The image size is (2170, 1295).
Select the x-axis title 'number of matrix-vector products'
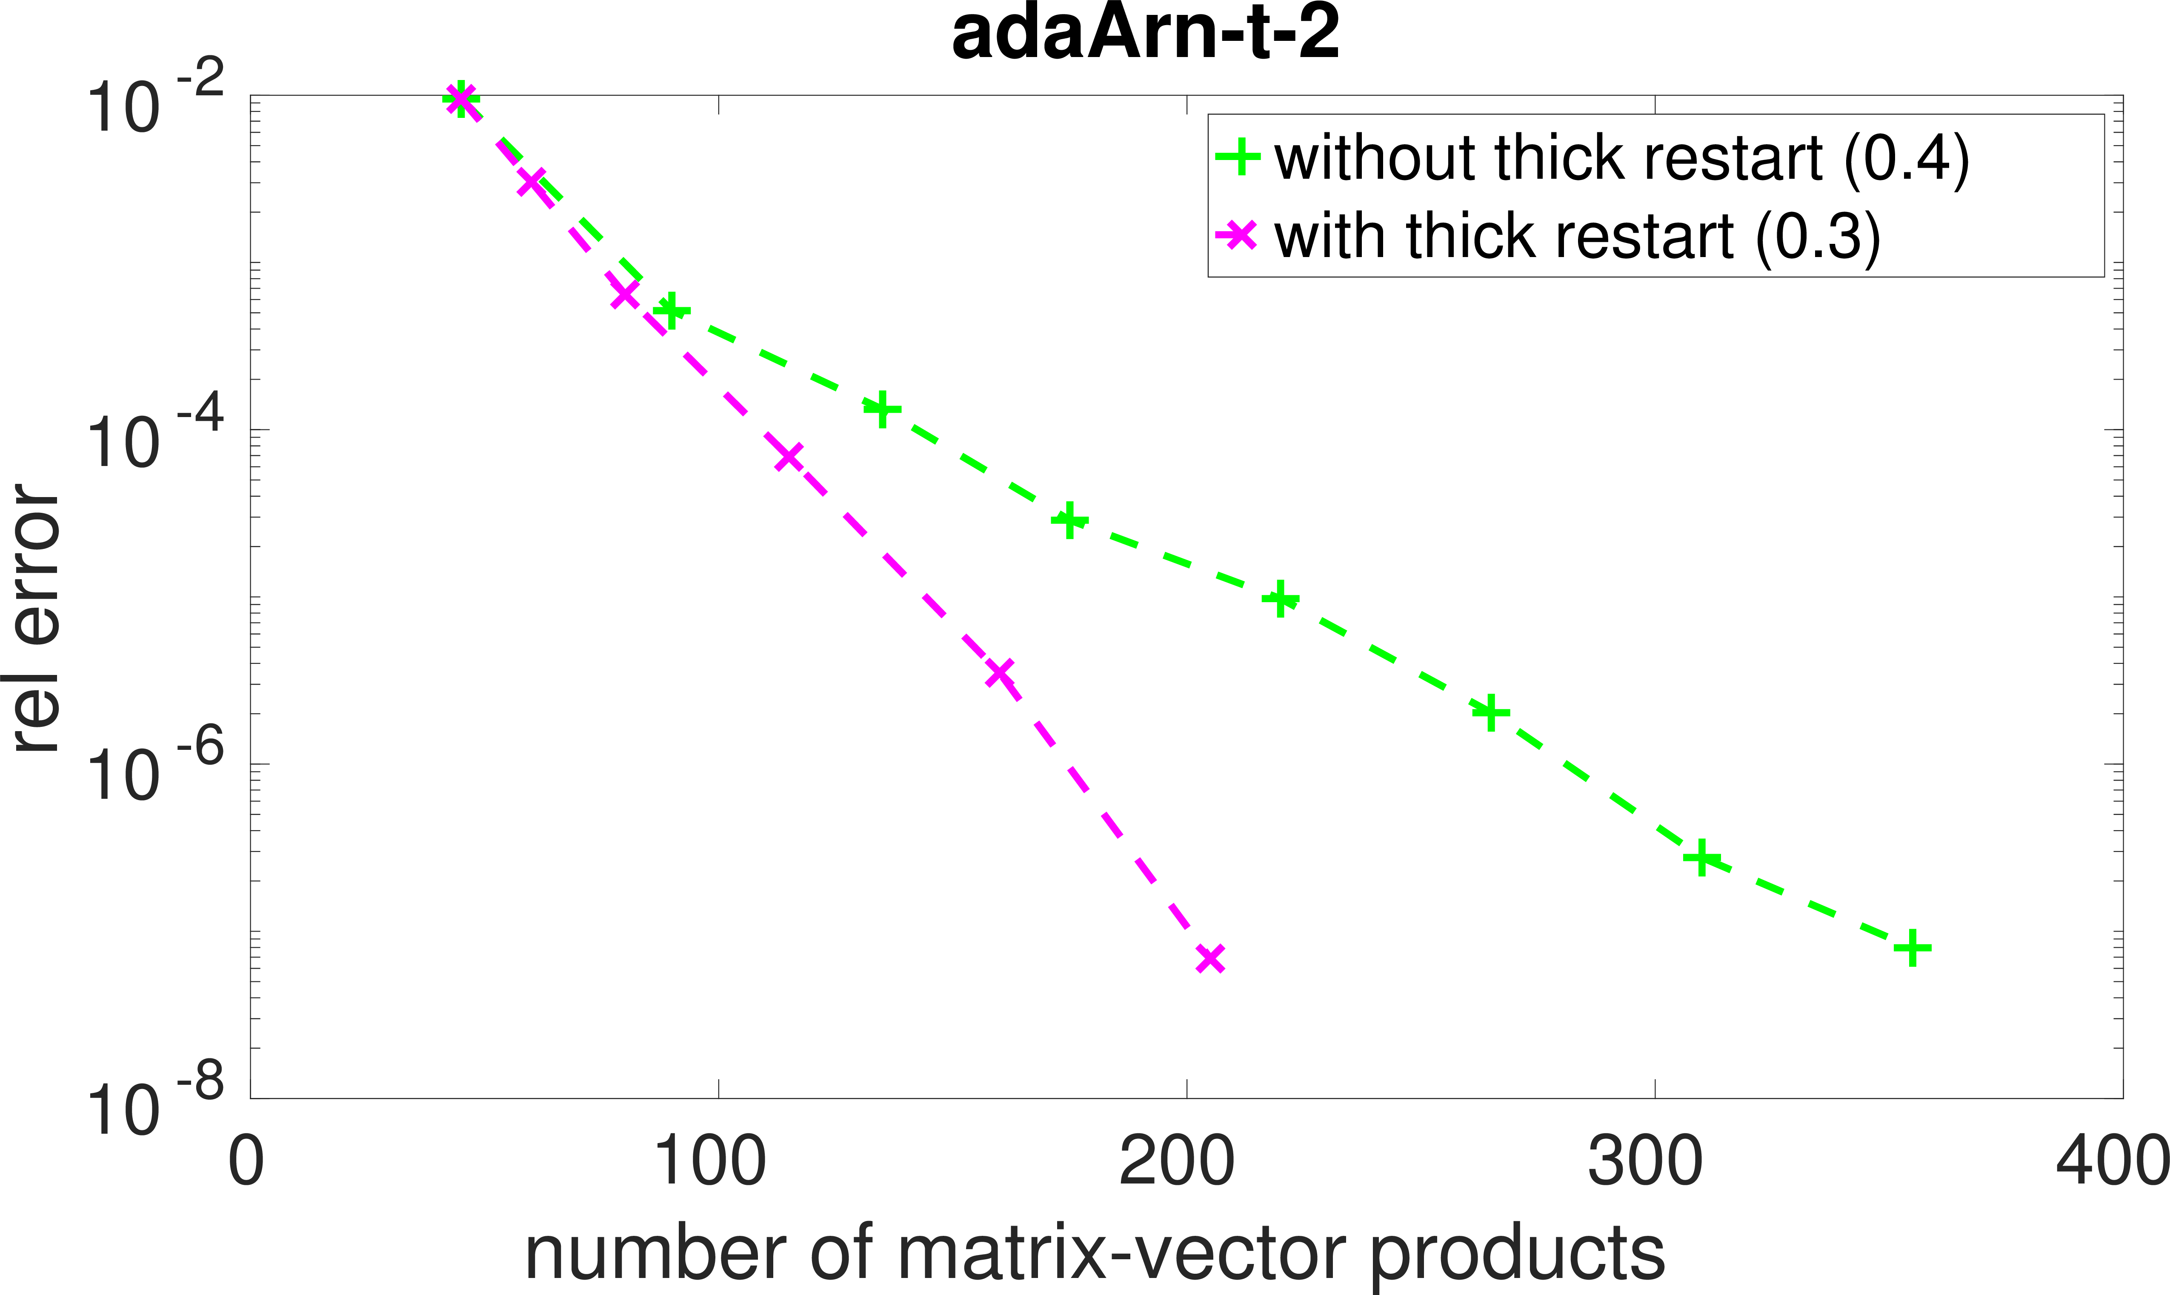click(x=1095, y=1254)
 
